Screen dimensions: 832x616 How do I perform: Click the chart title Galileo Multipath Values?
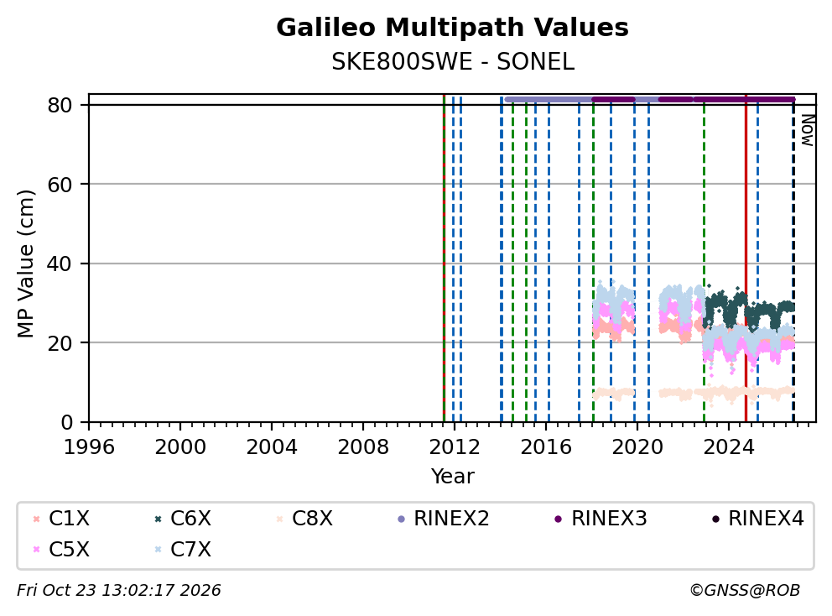pos(452,28)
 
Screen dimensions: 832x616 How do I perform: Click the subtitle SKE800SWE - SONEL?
pos(453,62)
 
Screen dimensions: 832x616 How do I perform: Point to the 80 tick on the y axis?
pos(60,105)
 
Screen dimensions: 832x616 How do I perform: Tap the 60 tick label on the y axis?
pos(60,185)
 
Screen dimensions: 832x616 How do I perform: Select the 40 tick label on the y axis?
pos(60,264)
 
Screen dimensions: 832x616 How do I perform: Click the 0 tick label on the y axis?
pos(67,422)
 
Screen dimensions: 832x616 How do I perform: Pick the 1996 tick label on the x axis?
pos(89,447)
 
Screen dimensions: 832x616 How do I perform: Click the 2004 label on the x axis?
pos(272,447)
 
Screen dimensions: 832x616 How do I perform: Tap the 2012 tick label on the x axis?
pos(455,447)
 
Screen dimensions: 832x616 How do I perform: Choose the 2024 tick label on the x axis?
pos(729,447)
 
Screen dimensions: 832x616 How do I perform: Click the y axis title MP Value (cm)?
pos(25,264)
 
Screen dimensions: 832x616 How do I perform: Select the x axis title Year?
pos(453,477)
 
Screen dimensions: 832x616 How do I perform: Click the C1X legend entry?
pos(61,519)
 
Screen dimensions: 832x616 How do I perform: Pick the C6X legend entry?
pos(183,519)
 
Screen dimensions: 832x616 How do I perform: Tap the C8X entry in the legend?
pos(304,519)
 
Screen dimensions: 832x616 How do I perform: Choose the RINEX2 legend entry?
pos(443,519)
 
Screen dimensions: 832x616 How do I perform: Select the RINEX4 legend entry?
pos(757,519)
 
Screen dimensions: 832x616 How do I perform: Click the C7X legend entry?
pos(183,550)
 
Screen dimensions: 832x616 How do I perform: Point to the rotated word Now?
pos(807,130)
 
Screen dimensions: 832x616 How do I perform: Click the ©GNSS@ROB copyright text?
pos(745,590)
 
